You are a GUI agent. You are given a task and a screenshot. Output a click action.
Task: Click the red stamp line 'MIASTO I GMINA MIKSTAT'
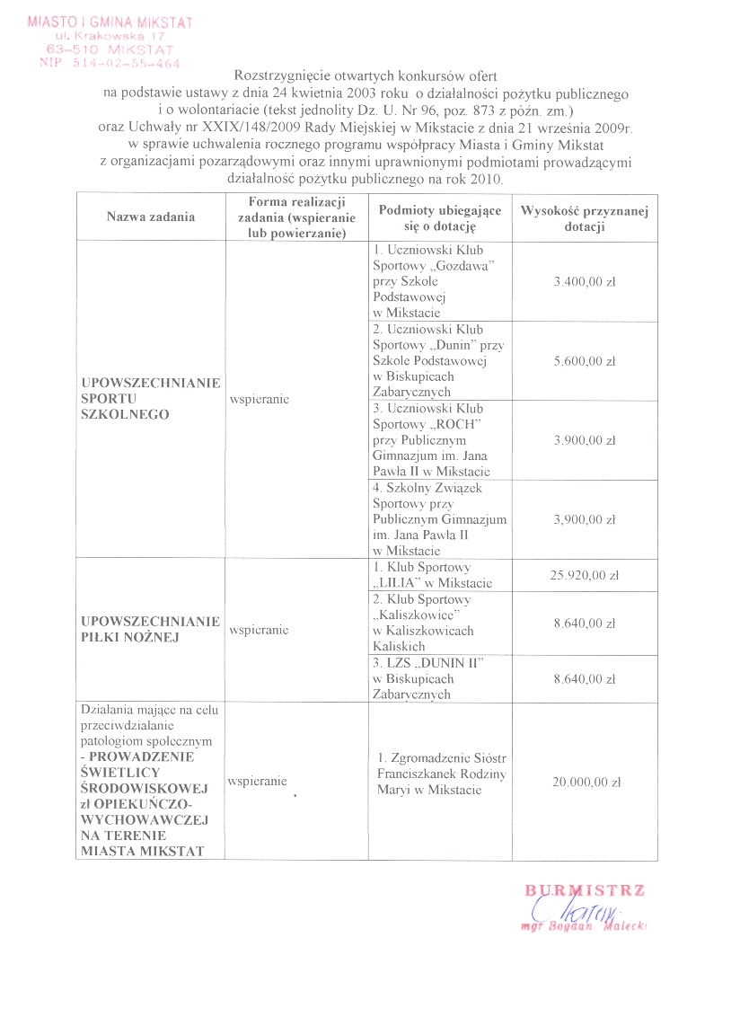[x=110, y=21]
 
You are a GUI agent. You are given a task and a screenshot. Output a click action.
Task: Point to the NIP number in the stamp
[x=110, y=64]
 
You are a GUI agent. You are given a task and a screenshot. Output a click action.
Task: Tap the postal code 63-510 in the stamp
[x=71, y=49]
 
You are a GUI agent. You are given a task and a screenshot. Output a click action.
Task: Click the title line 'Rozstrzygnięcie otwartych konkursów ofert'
[x=366, y=78]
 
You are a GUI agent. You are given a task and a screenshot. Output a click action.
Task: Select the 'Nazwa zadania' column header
[x=150, y=217]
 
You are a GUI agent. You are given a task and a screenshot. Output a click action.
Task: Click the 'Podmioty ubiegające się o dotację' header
[x=439, y=217]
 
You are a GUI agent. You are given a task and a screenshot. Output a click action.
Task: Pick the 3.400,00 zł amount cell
[x=585, y=281]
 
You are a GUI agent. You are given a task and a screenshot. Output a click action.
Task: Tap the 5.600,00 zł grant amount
[x=585, y=361]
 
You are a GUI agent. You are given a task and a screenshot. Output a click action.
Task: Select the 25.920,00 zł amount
[x=585, y=575]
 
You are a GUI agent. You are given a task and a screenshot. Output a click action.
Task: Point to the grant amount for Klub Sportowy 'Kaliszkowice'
[x=585, y=622]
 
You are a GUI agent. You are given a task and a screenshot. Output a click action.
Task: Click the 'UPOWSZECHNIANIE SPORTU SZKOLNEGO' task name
[x=150, y=399]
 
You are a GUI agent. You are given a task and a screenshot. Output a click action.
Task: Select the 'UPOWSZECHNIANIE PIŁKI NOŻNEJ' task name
[x=150, y=629]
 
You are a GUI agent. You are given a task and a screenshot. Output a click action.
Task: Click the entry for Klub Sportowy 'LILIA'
[x=432, y=575]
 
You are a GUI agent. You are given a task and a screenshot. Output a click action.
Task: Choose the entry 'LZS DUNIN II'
[x=427, y=662]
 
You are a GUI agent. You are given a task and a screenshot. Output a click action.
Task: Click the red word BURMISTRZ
[x=585, y=890]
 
